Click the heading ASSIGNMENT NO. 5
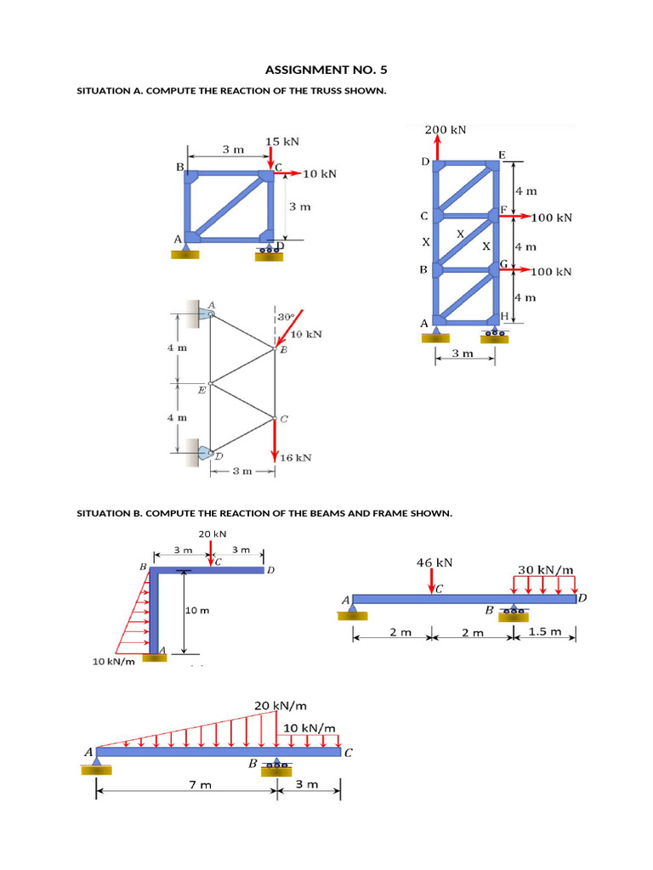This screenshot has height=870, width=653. (326, 70)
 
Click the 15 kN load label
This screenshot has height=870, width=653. (282, 142)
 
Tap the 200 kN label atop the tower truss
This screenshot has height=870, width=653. (446, 130)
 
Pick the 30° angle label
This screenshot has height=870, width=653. (286, 317)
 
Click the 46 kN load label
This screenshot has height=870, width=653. (434, 562)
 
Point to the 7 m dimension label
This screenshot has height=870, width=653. (200, 784)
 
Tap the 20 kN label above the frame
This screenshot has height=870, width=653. (213, 534)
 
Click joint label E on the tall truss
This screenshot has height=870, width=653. (503, 155)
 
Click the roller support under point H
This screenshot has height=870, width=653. (493, 334)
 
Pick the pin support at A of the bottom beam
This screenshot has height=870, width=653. (95, 766)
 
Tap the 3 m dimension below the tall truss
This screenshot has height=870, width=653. (463, 353)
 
